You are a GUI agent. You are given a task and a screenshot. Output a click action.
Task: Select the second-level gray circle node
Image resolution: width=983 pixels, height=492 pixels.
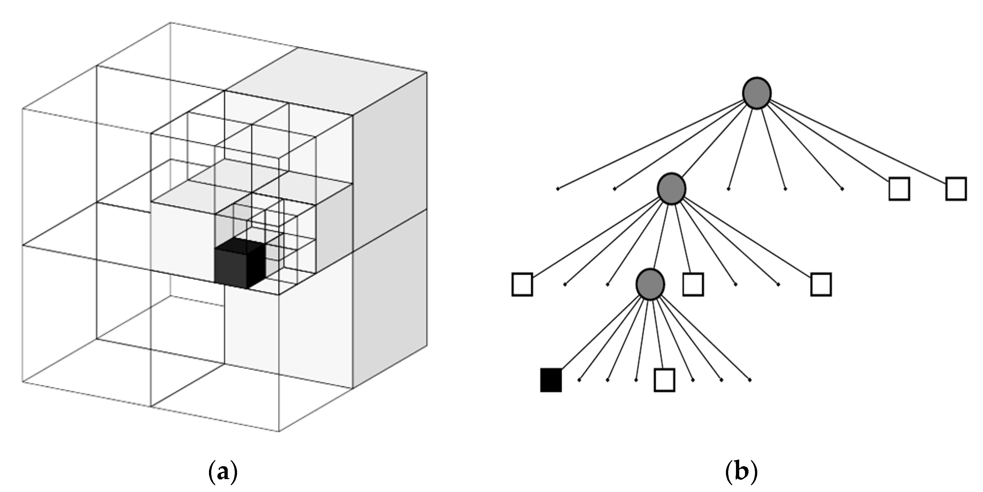[x=671, y=189]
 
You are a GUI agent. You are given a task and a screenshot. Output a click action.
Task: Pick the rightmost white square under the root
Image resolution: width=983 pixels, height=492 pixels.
[x=956, y=189]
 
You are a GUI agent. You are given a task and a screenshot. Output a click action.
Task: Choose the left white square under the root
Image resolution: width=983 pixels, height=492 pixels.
[x=899, y=189]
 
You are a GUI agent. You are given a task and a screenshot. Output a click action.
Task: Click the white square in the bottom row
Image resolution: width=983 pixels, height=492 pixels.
[x=664, y=380]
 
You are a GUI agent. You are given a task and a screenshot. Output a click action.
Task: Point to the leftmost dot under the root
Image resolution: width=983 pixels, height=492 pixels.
[x=558, y=189]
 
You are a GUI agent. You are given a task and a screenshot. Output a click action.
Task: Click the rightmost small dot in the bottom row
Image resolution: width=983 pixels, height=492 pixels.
[x=750, y=380]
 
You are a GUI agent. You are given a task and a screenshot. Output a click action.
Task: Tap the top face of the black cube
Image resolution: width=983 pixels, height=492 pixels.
[x=240, y=244]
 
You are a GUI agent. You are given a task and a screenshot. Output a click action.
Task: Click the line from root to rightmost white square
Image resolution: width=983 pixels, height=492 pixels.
[x=859, y=142]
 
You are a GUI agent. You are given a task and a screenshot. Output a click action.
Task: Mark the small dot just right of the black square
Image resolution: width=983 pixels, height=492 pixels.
[x=579, y=380]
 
